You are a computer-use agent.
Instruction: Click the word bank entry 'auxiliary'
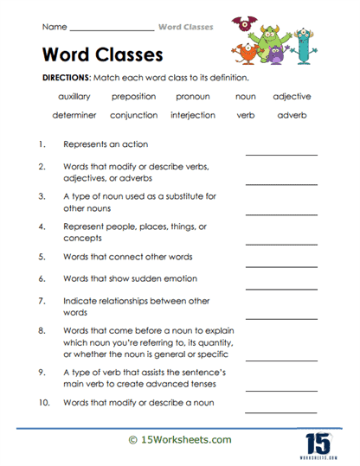pos(74,97)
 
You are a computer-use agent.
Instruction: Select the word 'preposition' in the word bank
pos(133,97)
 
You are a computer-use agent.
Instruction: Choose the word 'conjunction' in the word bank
pos(133,114)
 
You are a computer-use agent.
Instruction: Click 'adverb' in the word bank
pos(292,114)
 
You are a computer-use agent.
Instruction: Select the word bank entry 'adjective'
pos(292,97)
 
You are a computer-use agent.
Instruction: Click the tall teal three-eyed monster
pos(303,49)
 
